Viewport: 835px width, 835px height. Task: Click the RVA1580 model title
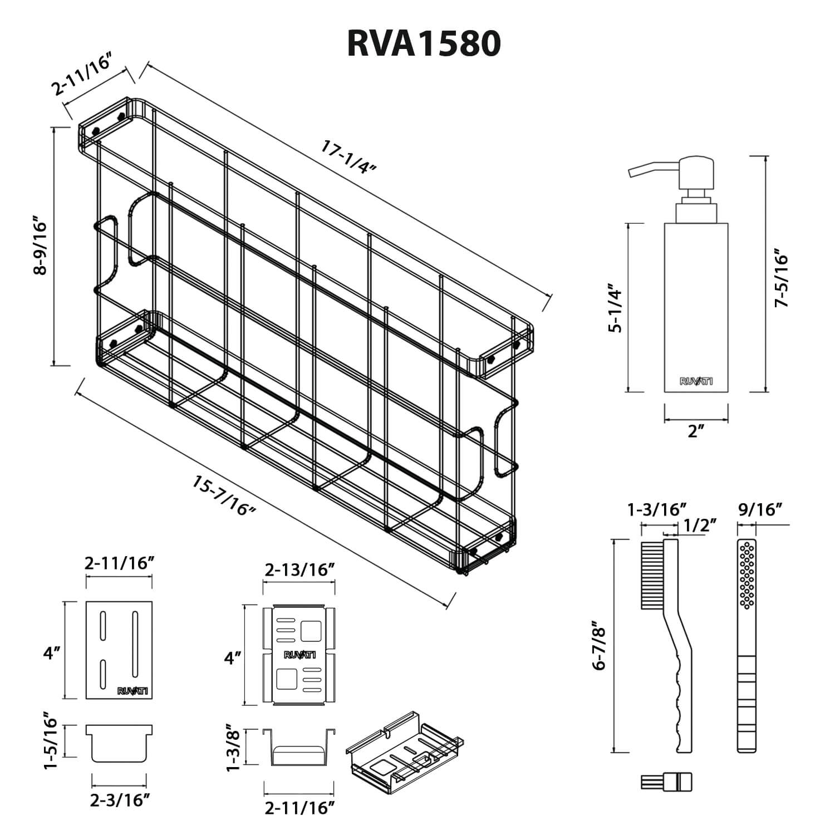[x=424, y=43]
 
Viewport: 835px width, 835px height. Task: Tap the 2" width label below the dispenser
[x=696, y=430]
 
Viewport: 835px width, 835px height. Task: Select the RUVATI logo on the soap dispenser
[x=696, y=381]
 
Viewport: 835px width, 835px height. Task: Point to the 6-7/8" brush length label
[x=599, y=646]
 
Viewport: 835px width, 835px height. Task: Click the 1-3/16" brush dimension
[x=656, y=510]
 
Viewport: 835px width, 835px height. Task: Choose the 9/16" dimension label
[x=760, y=510]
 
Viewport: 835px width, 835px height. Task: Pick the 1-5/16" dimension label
[x=51, y=741]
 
